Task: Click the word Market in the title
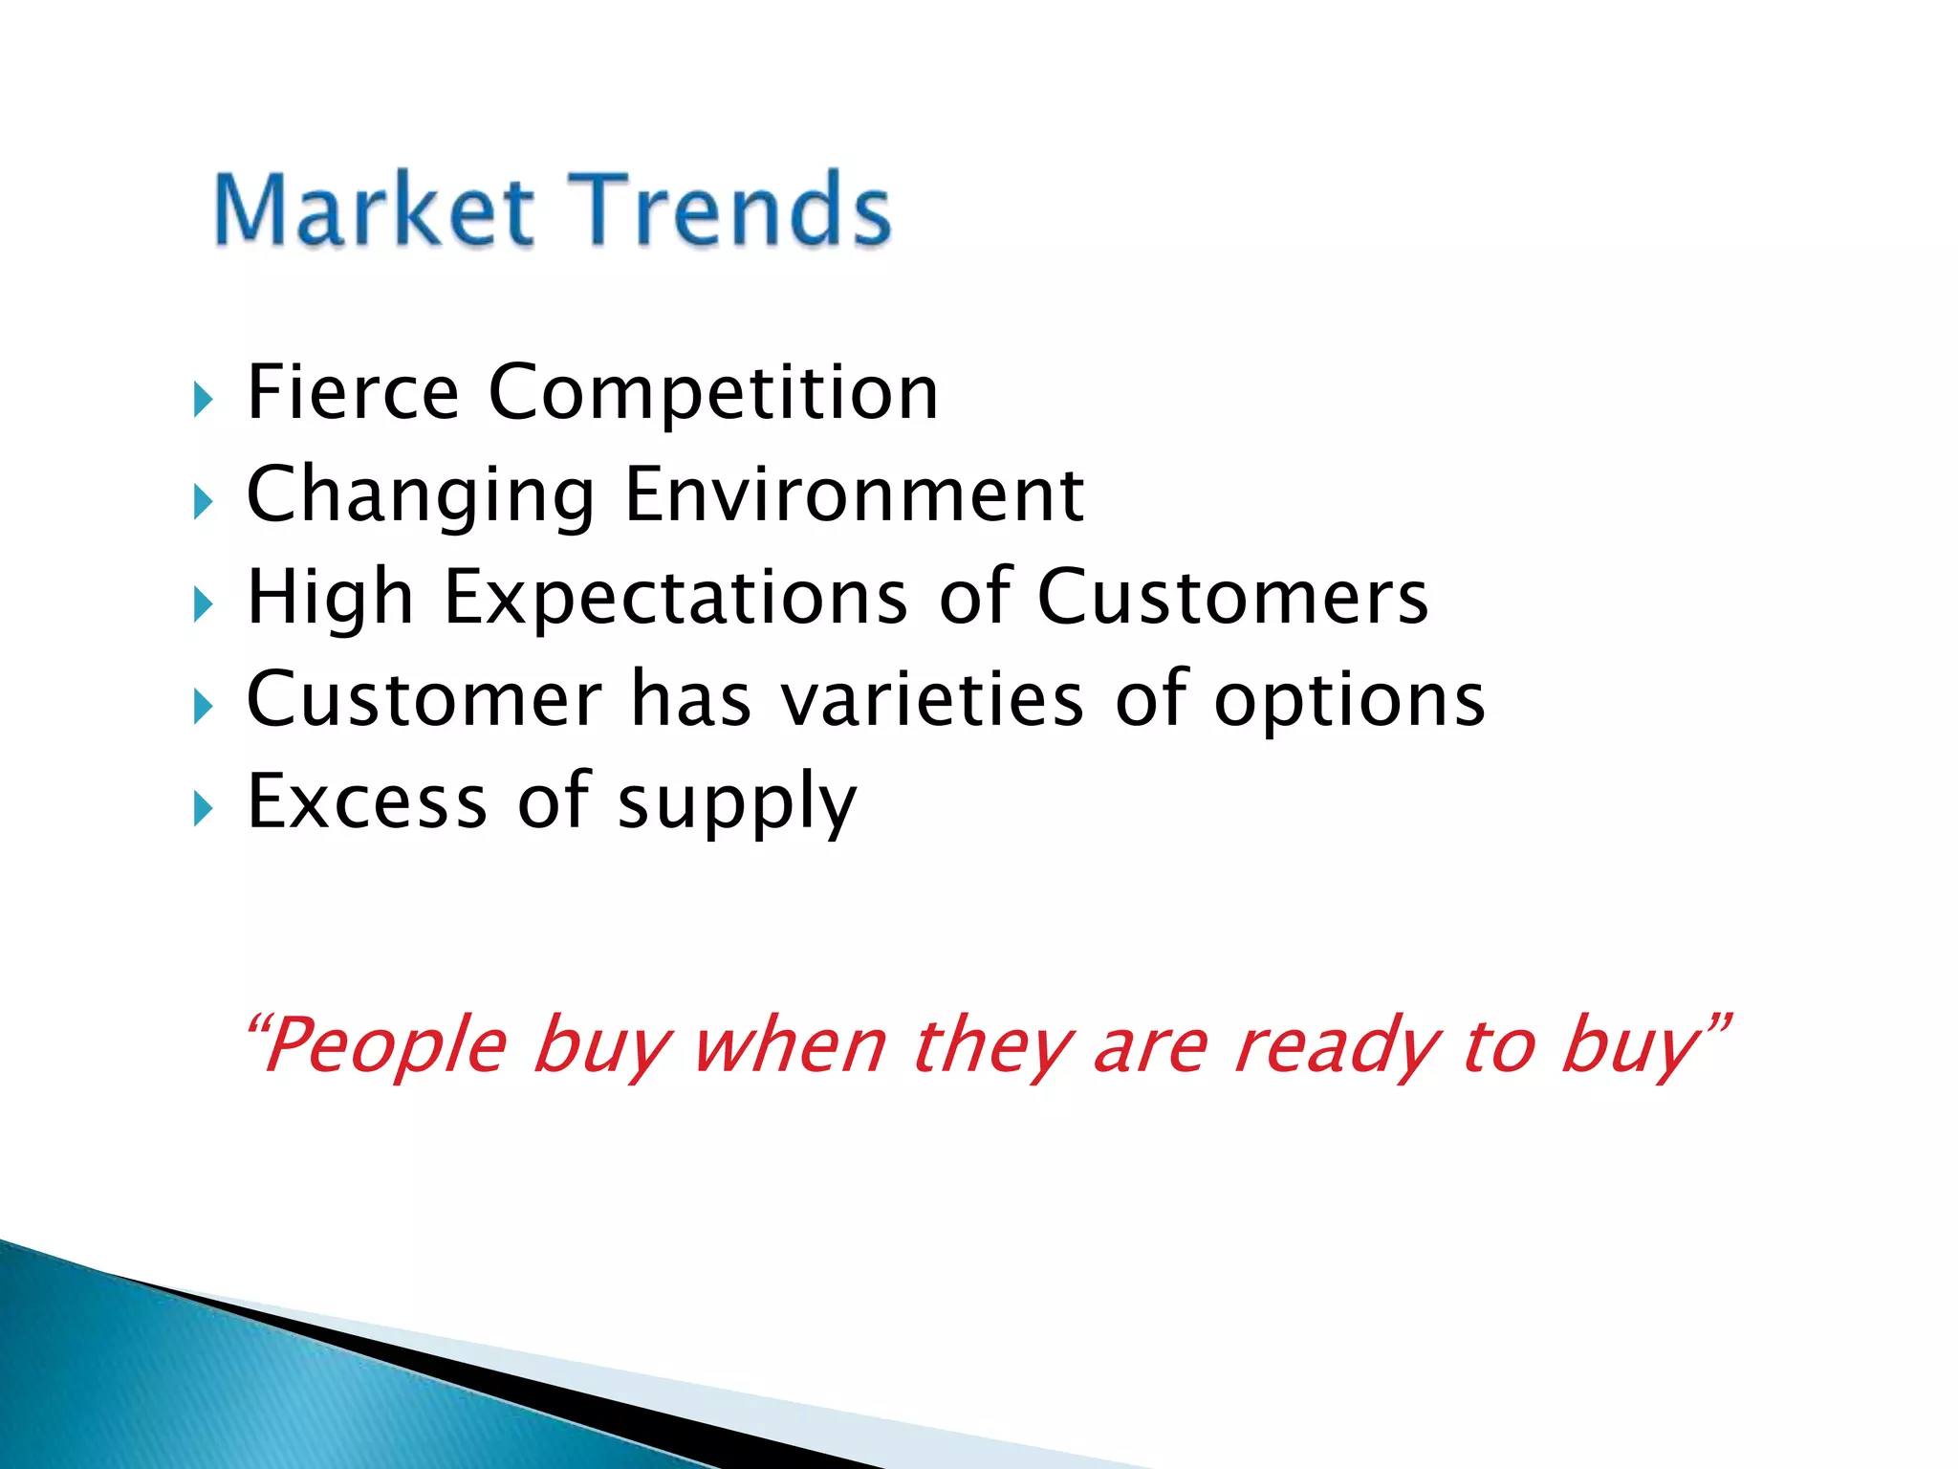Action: tap(373, 210)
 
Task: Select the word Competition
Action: tap(713, 394)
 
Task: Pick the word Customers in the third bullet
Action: tap(1232, 597)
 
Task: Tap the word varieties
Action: tap(932, 699)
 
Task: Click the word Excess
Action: tap(367, 801)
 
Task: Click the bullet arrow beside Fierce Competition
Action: tap(203, 399)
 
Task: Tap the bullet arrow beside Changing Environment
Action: tap(203, 501)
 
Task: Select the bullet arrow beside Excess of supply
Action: tap(203, 809)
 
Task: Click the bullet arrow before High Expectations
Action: tap(203, 604)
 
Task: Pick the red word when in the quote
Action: tap(790, 1045)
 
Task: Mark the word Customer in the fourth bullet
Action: tap(424, 699)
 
